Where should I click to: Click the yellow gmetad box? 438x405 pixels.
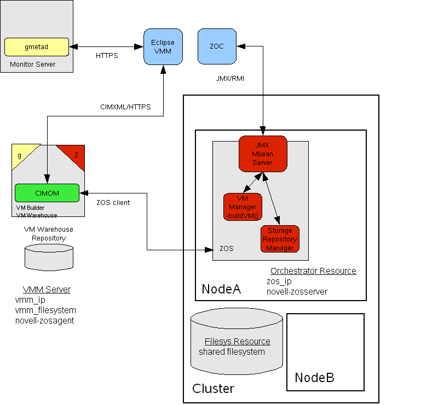[x=37, y=47]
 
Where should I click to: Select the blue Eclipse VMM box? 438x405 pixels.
[x=163, y=46]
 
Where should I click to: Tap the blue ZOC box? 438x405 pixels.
[x=216, y=46]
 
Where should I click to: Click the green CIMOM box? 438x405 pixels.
[x=47, y=192]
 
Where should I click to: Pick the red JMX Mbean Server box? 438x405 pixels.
[x=262, y=154]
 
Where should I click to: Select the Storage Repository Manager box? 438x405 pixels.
[x=280, y=239]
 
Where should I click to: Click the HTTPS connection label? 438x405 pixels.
[x=107, y=56]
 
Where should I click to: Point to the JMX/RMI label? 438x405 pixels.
[x=230, y=78]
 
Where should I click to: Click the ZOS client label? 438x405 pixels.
[x=113, y=203]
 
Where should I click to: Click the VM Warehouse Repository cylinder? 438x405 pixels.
[x=49, y=256]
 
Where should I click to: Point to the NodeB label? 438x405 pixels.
[x=314, y=378]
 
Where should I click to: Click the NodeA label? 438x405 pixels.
[x=221, y=289]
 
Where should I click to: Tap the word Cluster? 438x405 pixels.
[x=213, y=389]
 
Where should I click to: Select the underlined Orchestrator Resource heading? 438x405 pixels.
[x=313, y=271]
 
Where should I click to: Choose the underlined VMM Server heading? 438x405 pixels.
[x=47, y=289]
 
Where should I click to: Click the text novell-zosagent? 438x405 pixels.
[x=44, y=320]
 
